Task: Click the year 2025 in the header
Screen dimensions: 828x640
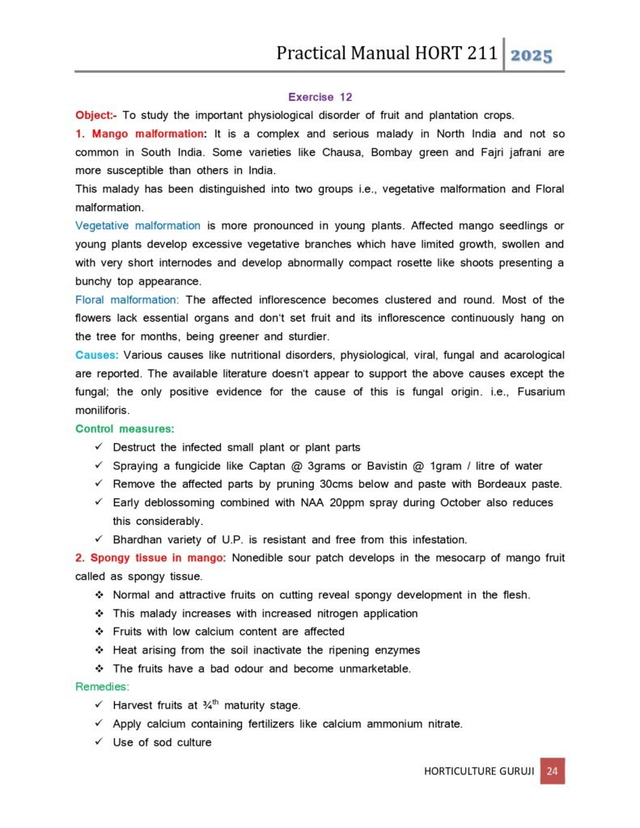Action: click(x=532, y=55)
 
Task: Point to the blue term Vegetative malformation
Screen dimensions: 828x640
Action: click(x=138, y=226)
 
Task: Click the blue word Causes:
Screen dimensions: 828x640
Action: click(x=97, y=355)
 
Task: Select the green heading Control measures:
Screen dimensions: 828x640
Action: click(x=125, y=429)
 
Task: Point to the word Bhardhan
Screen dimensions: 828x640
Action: click(x=139, y=539)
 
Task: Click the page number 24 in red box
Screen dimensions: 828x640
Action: click(x=553, y=771)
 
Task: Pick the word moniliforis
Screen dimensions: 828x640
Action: click(x=102, y=410)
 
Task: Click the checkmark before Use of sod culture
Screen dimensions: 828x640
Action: click(x=98, y=742)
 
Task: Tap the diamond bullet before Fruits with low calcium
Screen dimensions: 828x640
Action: click(x=99, y=632)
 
